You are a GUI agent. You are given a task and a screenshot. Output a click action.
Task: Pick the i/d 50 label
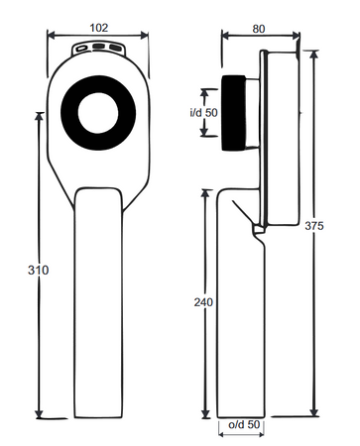203,113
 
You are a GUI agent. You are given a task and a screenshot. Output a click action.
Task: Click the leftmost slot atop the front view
80,47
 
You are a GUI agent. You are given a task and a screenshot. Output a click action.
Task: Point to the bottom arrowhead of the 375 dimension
314,417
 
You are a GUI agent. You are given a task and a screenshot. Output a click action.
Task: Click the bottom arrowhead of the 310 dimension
40,417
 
